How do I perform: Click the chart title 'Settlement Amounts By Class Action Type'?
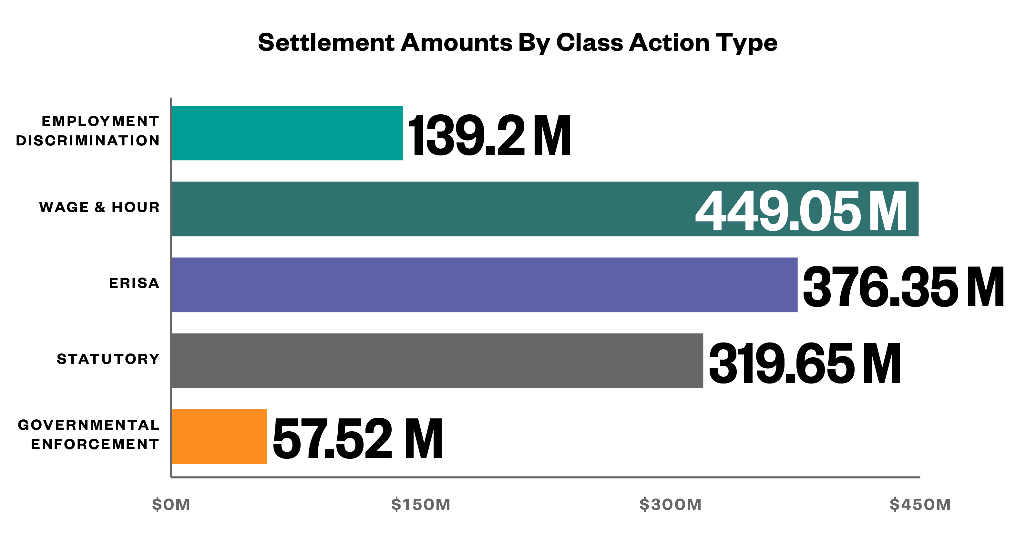click(x=518, y=43)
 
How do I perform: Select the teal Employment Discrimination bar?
click(x=287, y=133)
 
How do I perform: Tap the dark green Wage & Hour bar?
click(x=430, y=209)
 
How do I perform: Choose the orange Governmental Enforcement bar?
click(x=219, y=437)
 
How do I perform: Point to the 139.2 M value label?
click(x=489, y=135)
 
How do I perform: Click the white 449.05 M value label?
click(x=801, y=211)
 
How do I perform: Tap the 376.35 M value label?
click(x=903, y=287)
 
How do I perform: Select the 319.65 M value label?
click(x=804, y=363)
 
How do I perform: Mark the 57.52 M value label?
click(x=357, y=439)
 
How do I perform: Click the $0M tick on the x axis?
click(x=171, y=504)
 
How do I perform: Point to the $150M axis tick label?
click(x=421, y=504)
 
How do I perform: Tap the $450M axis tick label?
click(x=920, y=504)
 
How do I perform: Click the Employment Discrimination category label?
click(x=88, y=131)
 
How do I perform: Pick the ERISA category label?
click(x=134, y=283)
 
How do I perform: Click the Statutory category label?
click(x=108, y=359)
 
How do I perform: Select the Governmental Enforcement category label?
click(x=89, y=434)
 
